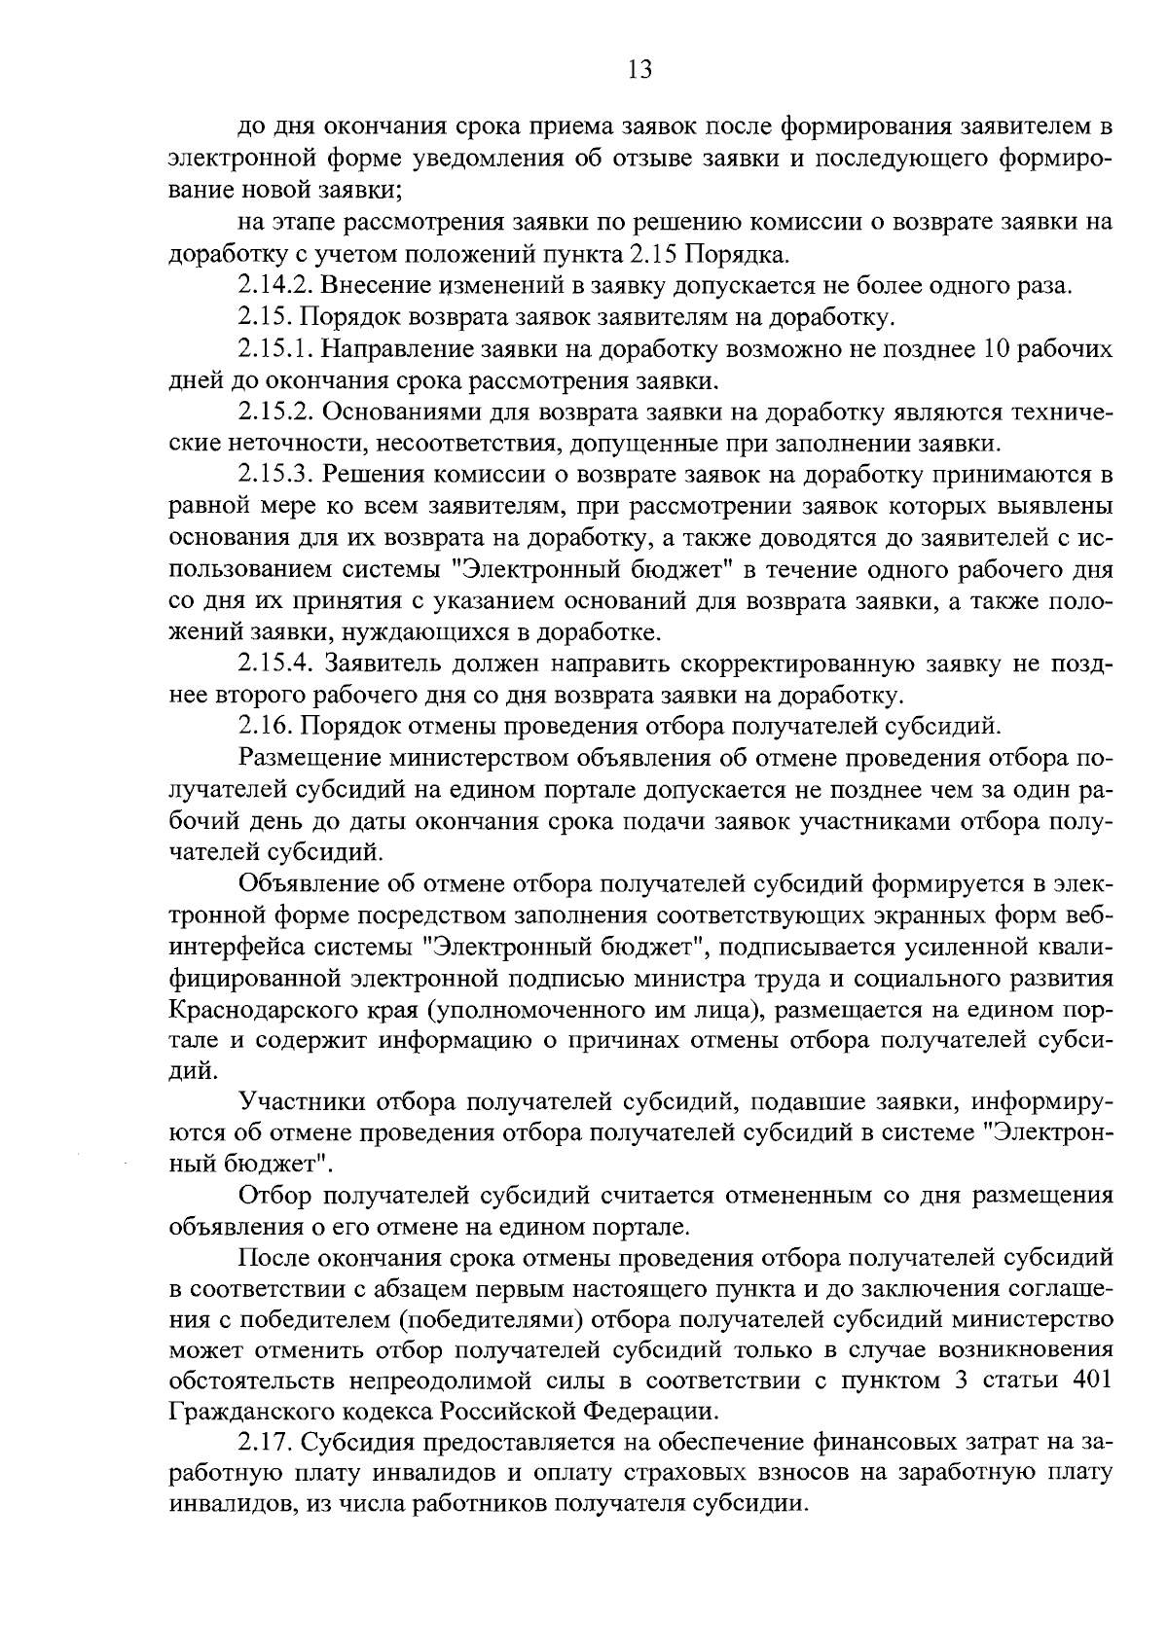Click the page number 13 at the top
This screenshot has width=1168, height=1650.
click(639, 69)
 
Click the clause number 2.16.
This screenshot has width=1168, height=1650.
click(265, 727)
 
